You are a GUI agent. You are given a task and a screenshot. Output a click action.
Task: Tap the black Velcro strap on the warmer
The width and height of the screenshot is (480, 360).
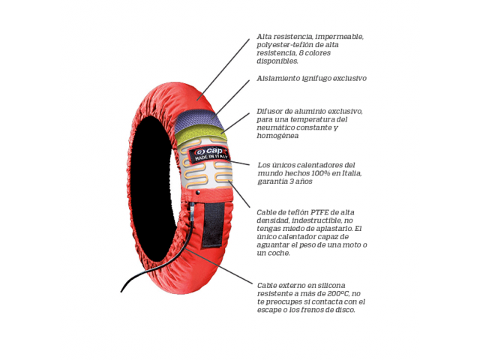(x=212, y=223)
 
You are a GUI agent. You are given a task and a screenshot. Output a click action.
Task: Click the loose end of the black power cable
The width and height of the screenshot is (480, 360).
(x=123, y=290)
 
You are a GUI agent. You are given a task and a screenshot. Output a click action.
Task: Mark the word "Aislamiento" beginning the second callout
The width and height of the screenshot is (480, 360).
(x=277, y=78)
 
